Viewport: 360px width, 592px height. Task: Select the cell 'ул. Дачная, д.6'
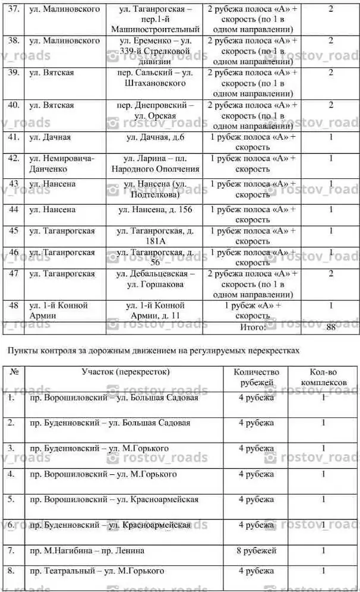pos(155,137)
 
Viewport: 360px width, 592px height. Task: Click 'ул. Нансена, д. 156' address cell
pos(155,210)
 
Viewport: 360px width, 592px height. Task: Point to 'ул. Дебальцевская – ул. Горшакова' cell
pos(155,279)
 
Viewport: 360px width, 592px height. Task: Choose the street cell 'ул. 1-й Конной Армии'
pos(59,310)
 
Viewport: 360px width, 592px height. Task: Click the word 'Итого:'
pos(253,327)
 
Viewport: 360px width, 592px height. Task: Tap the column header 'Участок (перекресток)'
pos(125,372)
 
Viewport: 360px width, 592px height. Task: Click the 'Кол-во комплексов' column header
pos(323,377)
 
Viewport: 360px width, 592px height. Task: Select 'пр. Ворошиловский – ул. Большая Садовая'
pos(114,398)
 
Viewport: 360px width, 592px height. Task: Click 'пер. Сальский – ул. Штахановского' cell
pos(155,78)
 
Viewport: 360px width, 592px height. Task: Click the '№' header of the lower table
pos(14,372)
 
